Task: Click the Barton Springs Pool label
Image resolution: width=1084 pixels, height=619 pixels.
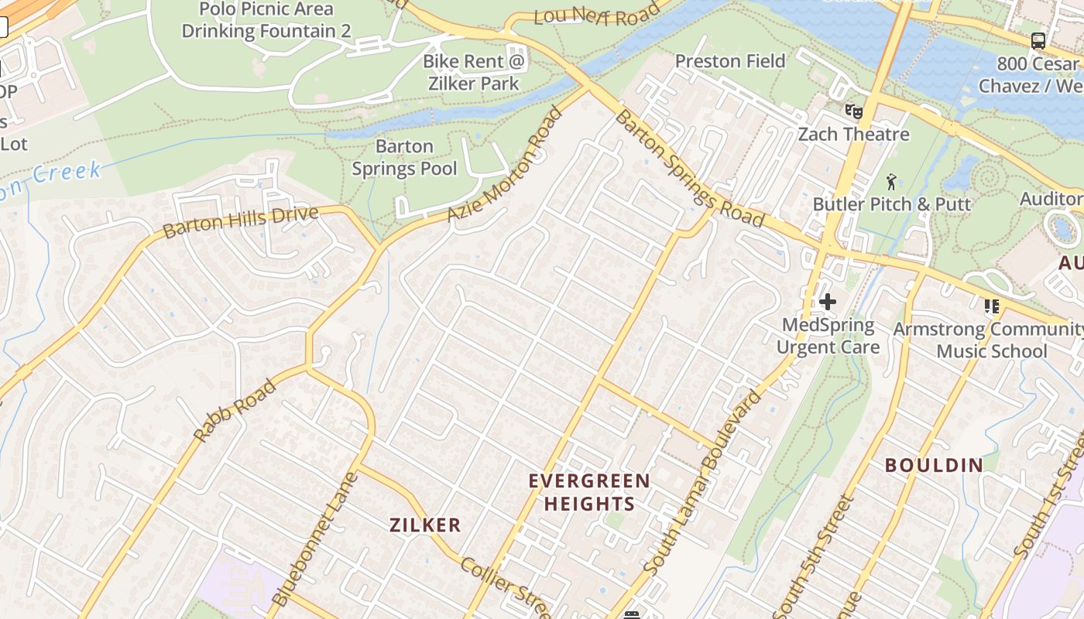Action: point(404,157)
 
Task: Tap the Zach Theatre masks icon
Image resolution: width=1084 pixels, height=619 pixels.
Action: point(853,111)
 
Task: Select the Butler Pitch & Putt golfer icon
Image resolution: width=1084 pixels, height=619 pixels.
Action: point(891,182)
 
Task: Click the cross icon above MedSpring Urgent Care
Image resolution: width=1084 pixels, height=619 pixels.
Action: point(827,302)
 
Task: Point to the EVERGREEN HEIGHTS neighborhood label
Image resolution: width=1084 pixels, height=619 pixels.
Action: point(589,492)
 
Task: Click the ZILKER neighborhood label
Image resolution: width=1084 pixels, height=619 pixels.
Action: point(425,525)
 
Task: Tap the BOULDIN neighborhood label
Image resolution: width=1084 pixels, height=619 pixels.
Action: point(934,465)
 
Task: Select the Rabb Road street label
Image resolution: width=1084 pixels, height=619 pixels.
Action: point(235,411)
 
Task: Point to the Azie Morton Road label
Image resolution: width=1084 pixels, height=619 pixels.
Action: point(506,164)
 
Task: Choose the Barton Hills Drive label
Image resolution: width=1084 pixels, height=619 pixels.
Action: point(240,222)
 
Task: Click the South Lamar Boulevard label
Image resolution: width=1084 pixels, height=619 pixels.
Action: point(703,483)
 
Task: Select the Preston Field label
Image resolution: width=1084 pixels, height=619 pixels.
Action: point(729,61)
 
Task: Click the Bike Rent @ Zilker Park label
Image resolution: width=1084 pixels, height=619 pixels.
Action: point(473,72)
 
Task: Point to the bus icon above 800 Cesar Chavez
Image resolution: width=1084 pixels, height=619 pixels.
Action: point(1038,41)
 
